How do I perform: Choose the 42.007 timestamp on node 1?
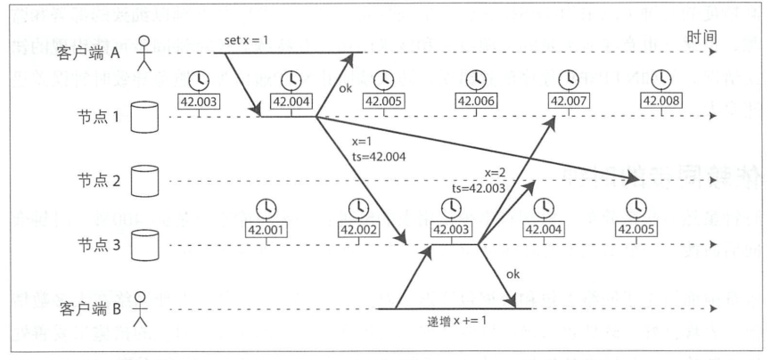click(567, 100)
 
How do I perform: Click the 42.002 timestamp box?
click(357, 229)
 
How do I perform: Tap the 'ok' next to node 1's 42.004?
click(345, 87)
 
